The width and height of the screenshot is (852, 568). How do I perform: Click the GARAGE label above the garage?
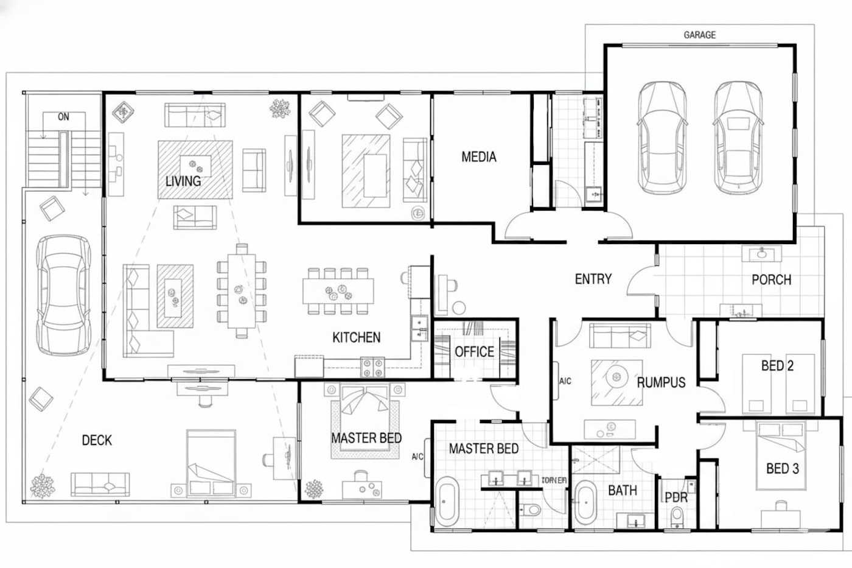pyautogui.click(x=699, y=35)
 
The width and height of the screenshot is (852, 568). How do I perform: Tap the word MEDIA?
pyautogui.click(x=479, y=157)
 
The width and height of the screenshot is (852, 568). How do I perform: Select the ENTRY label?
pyautogui.click(x=593, y=279)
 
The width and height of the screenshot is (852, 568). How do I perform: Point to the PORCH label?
pyautogui.click(x=771, y=280)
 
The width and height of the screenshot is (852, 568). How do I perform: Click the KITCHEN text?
pyautogui.click(x=356, y=337)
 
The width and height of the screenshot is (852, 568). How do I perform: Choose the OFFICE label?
pyautogui.click(x=474, y=352)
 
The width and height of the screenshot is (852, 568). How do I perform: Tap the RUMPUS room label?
pyautogui.click(x=661, y=382)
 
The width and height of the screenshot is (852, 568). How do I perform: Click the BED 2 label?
pyautogui.click(x=777, y=366)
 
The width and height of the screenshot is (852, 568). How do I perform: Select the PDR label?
pyautogui.click(x=676, y=497)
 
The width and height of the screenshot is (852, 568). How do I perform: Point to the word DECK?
pyautogui.click(x=97, y=440)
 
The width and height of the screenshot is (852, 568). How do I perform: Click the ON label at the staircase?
pyautogui.click(x=63, y=117)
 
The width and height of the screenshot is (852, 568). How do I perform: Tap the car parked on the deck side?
pyautogui.click(x=63, y=295)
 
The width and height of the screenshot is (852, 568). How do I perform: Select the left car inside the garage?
pyautogui.click(x=661, y=137)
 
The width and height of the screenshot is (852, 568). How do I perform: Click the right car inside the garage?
pyautogui.click(x=738, y=137)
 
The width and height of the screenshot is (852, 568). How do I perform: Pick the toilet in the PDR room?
pyautogui.click(x=676, y=517)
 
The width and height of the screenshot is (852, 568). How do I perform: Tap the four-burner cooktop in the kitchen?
pyautogui.click(x=372, y=366)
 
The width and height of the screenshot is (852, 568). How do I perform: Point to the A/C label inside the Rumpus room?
pyautogui.click(x=565, y=382)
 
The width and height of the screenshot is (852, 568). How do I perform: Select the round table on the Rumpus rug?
pyautogui.click(x=616, y=379)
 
